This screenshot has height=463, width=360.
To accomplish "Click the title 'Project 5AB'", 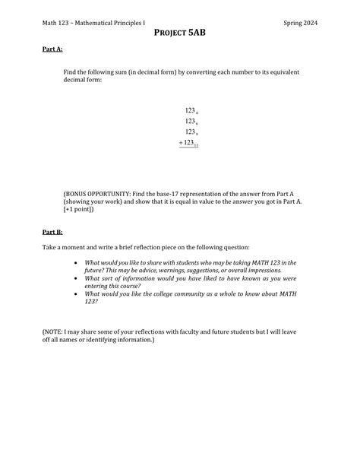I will coord(180,33).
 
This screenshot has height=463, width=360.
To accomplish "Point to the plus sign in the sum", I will coord(181,142).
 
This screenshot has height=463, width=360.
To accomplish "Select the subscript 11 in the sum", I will coord(196,145).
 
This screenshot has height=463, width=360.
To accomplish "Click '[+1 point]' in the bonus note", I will coord(79,210).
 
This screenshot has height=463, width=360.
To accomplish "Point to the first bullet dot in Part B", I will coord(74,262).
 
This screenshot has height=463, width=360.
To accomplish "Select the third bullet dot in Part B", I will coord(74,293).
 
